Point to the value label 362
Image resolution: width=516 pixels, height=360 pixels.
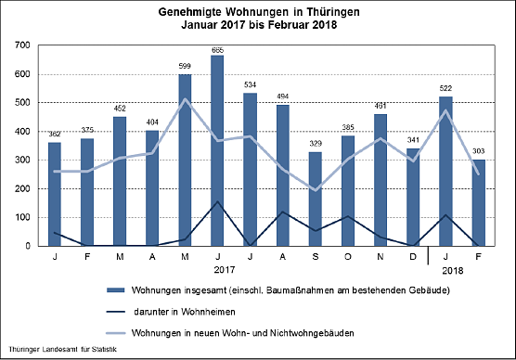point(55,135)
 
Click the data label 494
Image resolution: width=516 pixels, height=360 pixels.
point(282,97)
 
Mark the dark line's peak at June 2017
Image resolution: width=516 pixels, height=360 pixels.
point(217,201)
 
